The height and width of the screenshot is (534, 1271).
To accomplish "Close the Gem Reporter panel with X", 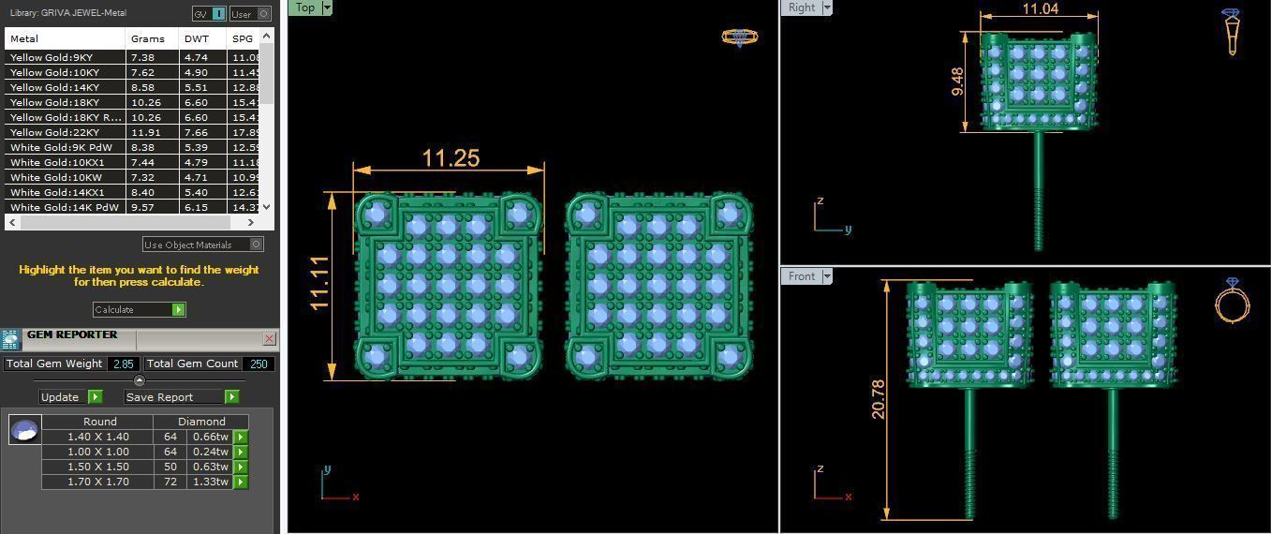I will coord(269,338).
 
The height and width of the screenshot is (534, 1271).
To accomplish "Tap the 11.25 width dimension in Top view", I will coord(451,158).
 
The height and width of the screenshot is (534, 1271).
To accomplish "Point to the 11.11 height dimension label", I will coord(319,284).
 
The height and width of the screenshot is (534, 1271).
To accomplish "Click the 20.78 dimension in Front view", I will coord(878,398).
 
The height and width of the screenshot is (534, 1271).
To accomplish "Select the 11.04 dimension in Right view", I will coord(1040,9).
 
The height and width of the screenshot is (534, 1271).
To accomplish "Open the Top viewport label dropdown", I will coord(326,7).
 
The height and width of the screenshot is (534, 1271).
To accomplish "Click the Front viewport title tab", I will coord(802,276).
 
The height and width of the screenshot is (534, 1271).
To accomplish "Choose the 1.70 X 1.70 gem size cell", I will coord(98,482).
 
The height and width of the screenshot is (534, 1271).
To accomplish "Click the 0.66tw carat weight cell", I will coord(210,437).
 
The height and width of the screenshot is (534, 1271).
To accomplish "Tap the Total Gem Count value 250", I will coord(259,363).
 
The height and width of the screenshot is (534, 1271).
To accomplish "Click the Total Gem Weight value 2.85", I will coord(124,363).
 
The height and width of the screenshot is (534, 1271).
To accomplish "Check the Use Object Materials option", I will coord(256,245).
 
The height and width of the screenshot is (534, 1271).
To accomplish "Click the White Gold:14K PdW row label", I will coord(65,207).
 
